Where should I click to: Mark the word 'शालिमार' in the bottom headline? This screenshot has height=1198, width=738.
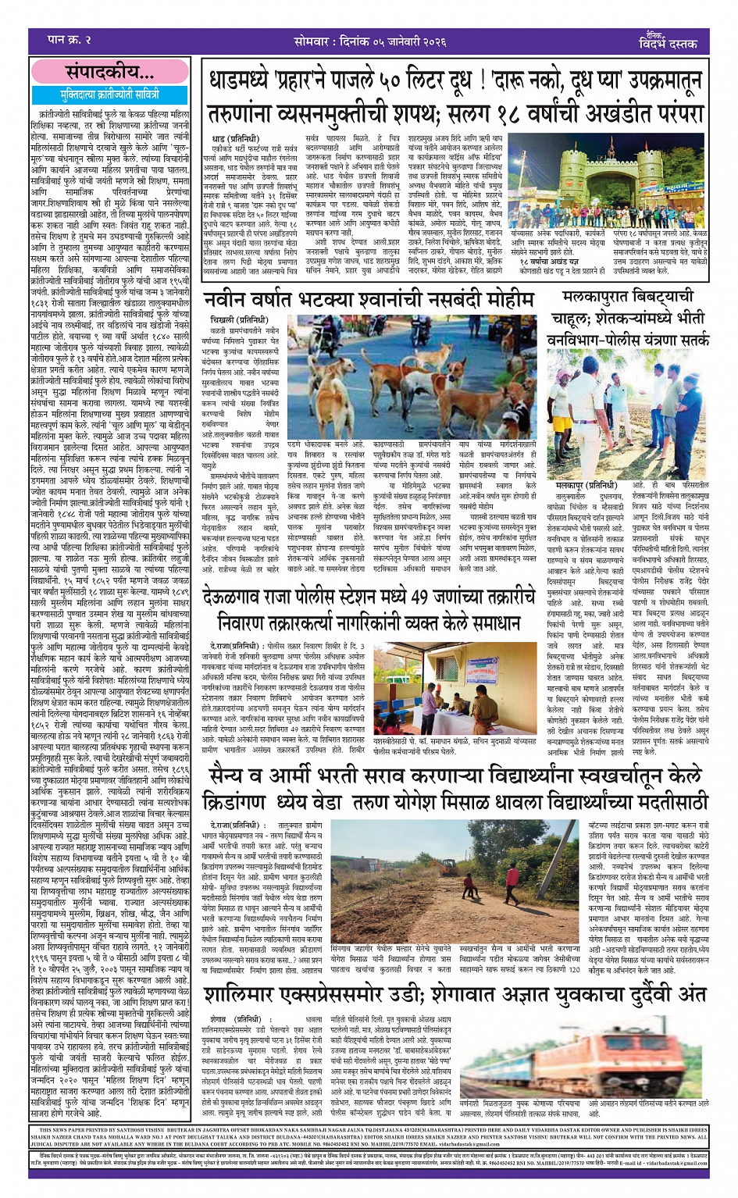pos(249,994)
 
